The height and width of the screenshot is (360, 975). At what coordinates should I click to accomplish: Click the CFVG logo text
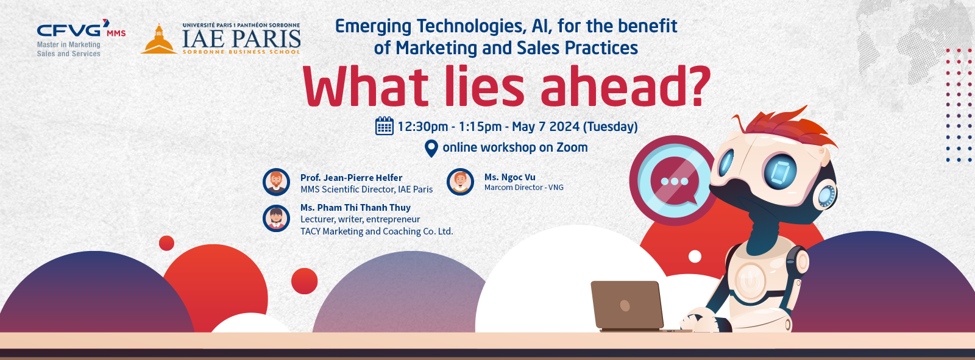[x=69, y=30]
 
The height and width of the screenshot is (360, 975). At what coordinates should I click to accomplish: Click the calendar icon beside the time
[x=385, y=126]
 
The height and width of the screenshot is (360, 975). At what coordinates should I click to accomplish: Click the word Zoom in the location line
[x=572, y=147]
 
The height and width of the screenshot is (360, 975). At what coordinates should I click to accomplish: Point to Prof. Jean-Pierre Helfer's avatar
[x=277, y=182]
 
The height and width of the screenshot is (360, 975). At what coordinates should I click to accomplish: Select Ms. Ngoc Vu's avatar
[x=461, y=182]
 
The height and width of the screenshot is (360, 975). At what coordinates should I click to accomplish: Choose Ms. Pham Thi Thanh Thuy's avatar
[x=277, y=219]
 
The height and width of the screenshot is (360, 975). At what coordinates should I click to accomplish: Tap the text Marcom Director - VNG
[x=524, y=188]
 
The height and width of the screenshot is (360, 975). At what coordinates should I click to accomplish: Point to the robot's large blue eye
[x=780, y=171]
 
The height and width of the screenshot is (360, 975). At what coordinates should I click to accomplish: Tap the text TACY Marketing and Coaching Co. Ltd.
[x=377, y=231]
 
